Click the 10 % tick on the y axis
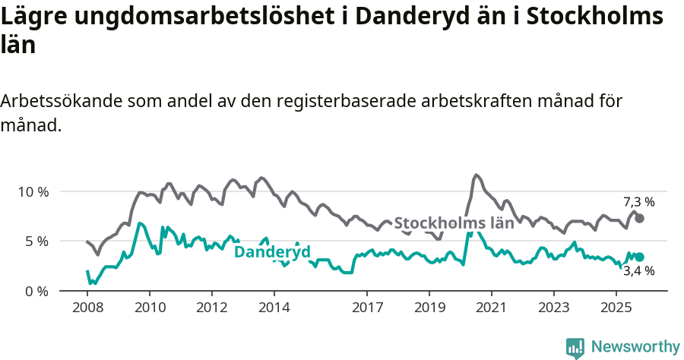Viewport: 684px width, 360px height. click(32, 191)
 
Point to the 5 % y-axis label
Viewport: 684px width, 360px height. click(36, 242)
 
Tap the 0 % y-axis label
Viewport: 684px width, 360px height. click(36, 292)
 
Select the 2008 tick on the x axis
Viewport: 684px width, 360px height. click(87, 309)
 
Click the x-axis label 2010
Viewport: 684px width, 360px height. click(150, 309)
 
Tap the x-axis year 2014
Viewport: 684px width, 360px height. click(274, 309)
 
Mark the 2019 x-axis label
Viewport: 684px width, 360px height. click(429, 309)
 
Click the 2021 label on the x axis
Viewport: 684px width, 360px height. click(492, 309)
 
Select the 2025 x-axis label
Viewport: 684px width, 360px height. click(616, 309)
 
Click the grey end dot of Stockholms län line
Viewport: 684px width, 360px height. click(639, 218)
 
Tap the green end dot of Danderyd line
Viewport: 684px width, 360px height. click(639, 257)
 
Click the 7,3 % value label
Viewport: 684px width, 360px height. click(638, 202)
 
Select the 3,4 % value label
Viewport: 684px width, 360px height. click(638, 271)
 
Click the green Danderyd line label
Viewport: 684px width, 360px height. click(272, 252)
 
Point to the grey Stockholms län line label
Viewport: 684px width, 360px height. click(454, 223)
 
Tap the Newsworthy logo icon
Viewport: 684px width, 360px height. click(575, 348)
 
